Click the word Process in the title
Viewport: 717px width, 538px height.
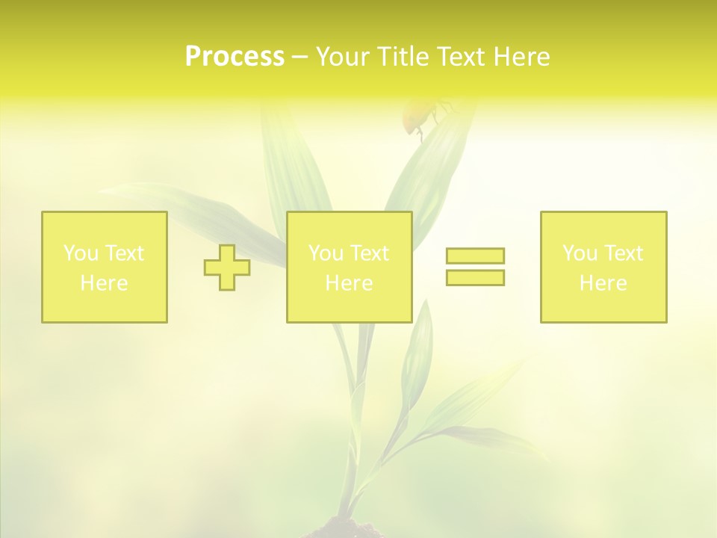tap(235, 57)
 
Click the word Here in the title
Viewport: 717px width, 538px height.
tap(521, 57)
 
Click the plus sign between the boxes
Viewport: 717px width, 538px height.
tap(227, 268)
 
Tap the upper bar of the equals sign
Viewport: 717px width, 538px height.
tap(475, 256)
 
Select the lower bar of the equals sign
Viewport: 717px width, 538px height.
tap(475, 277)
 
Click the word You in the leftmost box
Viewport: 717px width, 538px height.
tap(80, 253)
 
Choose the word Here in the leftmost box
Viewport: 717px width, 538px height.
tap(104, 283)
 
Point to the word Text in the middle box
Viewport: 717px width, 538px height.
tap(370, 253)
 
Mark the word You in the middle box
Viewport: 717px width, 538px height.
tap(325, 253)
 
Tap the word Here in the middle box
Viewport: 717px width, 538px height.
tap(349, 283)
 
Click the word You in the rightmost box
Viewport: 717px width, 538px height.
tap(579, 253)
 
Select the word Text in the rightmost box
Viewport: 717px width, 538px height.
tap(624, 253)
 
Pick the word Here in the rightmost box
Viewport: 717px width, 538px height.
tap(603, 283)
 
